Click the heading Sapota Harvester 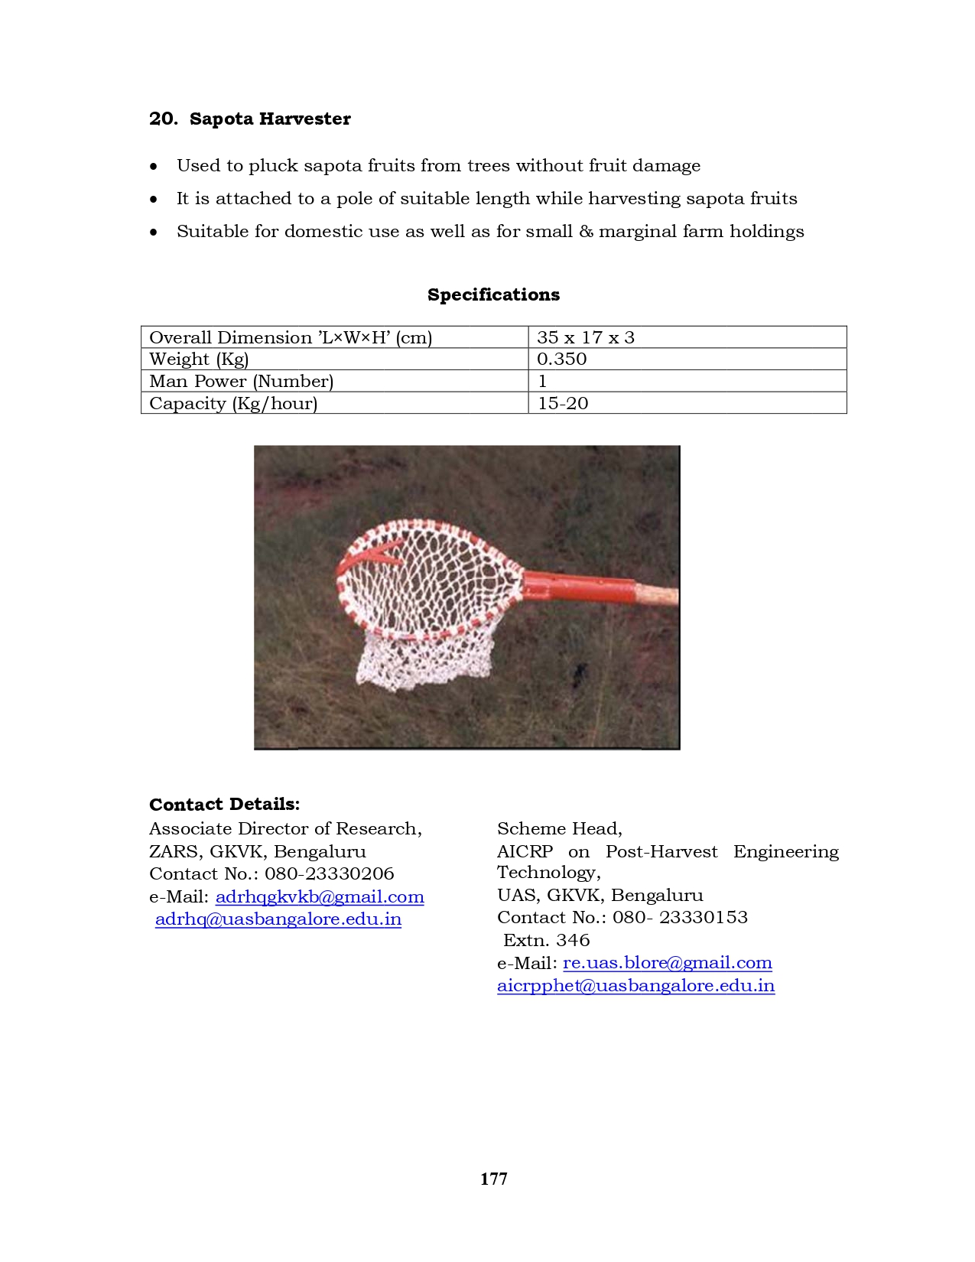click(270, 119)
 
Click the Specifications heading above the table click(493, 295)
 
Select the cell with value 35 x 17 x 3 click(586, 337)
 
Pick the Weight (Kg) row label click(199, 359)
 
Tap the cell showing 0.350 click(561, 359)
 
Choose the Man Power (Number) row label click(241, 382)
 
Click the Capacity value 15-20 click(563, 404)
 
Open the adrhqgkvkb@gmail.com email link click(320, 896)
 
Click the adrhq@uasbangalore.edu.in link click(278, 919)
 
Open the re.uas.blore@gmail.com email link click(668, 963)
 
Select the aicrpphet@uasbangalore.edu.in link click(635, 986)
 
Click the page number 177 click(493, 1179)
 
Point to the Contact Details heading click(224, 805)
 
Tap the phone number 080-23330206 click(330, 874)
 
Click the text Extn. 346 click(547, 941)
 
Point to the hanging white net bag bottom click(421, 665)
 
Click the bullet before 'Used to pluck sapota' click(154, 167)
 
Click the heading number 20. click(163, 119)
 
